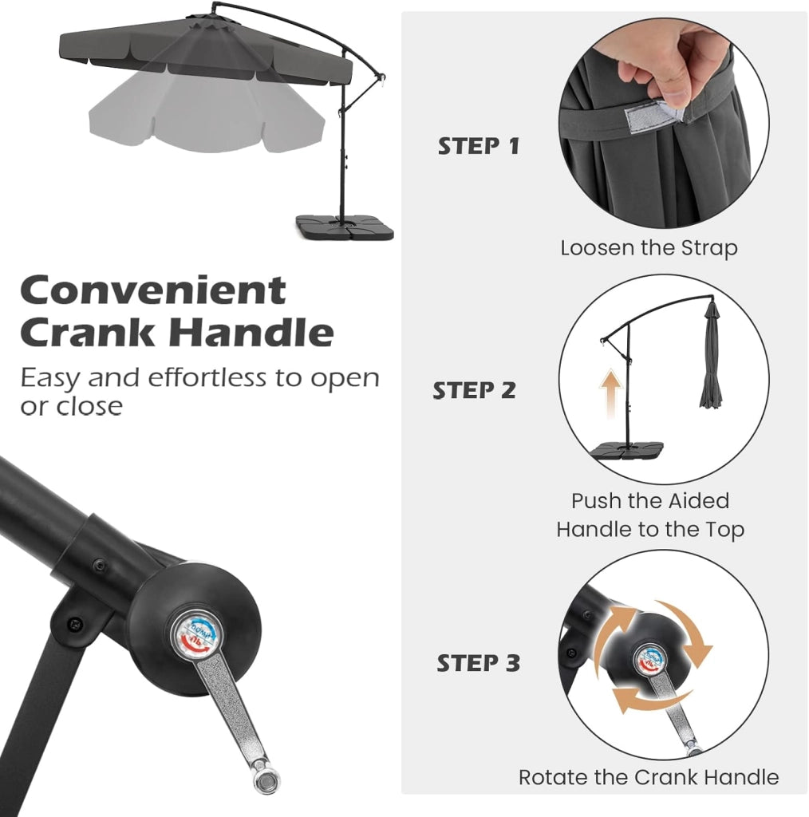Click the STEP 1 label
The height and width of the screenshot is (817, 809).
tap(479, 146)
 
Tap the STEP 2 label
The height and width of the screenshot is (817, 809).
tap(474, 390)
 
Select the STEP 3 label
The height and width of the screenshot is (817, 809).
tap(478, 663)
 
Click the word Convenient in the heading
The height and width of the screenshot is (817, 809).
tap(153, 290)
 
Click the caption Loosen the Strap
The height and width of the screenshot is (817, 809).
tap(649, 248)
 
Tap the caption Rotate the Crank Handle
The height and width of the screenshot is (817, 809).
tap(649, 777)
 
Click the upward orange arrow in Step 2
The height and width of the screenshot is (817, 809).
tap(610, 393)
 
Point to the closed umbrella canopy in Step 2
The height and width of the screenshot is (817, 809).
tap(711, 360)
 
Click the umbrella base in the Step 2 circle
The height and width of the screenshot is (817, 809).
tap(628, 450)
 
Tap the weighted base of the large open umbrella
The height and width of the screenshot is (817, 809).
tap(345, 227)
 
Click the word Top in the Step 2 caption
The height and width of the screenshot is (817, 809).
tap(724, 530)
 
